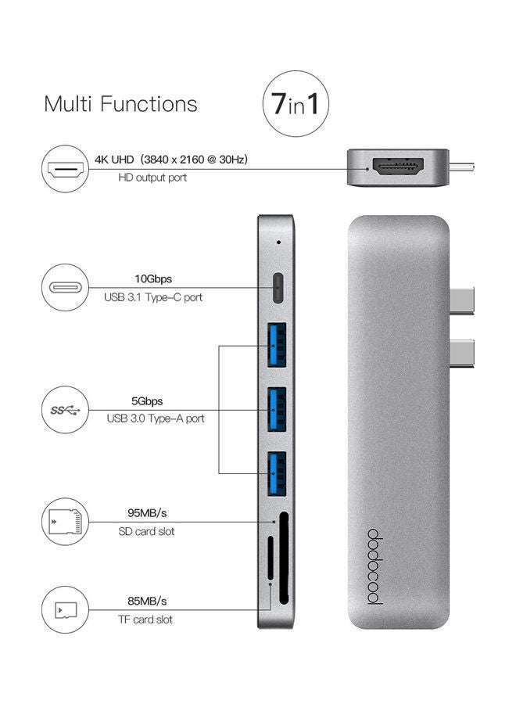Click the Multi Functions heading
[x=120, y=104]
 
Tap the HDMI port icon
[x=66, y=168]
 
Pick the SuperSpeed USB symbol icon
[x=66, y=409]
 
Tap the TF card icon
[x=66, y=609]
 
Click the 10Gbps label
[x=154, y=278]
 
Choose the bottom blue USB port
[x=277, y=472]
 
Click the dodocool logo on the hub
[x=373, y=568]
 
